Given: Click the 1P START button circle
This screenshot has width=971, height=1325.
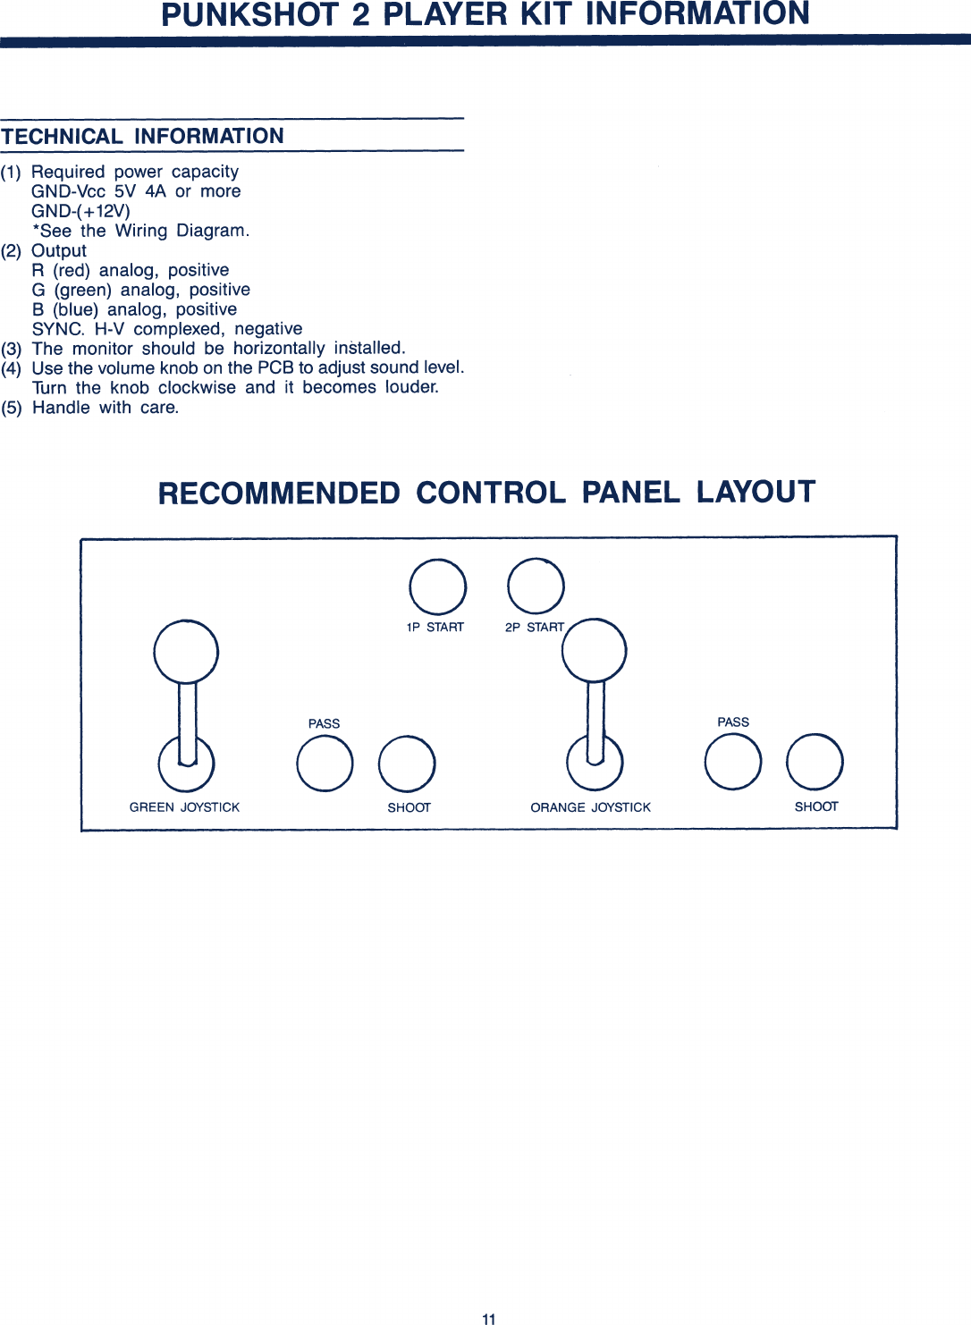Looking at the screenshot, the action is pos(437,587).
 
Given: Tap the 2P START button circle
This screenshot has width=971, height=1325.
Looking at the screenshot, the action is pos(536,586).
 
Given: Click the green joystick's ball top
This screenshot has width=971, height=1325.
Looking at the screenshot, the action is pos(186,651).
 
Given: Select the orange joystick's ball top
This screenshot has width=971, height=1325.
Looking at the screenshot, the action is pos(595,650).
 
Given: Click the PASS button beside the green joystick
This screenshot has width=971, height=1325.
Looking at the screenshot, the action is pos(325,764).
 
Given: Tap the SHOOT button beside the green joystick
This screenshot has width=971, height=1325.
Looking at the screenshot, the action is pos(407,764).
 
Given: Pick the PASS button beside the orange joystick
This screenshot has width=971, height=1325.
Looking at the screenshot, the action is pos(733,762).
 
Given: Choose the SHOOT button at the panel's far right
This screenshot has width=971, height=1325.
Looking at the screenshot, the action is pos(815,762).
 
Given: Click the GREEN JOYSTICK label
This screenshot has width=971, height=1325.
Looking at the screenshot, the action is pos(184,807).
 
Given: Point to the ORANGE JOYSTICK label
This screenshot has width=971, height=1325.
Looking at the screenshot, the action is pos(590,807).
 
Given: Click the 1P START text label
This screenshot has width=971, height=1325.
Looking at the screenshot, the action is pos(435,628).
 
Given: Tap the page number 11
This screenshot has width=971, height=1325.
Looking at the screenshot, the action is pos(489,1319).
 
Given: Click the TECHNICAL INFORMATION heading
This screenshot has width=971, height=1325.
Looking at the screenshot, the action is pos(143,136).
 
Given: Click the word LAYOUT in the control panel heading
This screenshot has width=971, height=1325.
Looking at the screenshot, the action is pos(756,493).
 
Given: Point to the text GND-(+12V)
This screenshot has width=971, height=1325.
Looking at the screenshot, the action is pos(80,211).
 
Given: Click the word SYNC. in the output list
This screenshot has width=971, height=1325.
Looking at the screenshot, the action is pos(58,329).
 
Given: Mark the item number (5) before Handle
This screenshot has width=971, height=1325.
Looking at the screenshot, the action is pos(12,408).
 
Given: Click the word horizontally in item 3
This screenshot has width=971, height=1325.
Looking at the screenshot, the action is pos(279,349).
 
